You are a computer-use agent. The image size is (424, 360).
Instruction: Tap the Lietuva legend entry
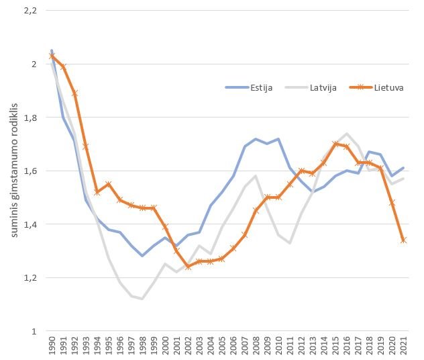386,87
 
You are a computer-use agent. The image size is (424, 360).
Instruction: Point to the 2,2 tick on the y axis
30,11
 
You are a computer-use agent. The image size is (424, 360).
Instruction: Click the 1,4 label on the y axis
30,224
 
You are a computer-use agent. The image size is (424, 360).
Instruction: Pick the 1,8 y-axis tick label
30,118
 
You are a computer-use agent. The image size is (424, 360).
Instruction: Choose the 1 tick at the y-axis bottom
34,331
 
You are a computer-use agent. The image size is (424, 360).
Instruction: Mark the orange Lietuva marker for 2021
404,240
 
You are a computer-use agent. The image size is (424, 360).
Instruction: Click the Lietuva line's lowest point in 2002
189,267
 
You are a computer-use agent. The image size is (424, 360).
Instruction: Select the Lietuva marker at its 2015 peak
335,144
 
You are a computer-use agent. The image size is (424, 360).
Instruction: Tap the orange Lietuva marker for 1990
52,56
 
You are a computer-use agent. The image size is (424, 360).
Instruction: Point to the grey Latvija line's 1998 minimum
143,299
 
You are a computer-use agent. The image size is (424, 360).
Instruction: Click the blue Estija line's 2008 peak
256,139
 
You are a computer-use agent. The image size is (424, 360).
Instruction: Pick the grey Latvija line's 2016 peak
347,134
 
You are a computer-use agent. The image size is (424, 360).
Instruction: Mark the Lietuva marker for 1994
97,192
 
